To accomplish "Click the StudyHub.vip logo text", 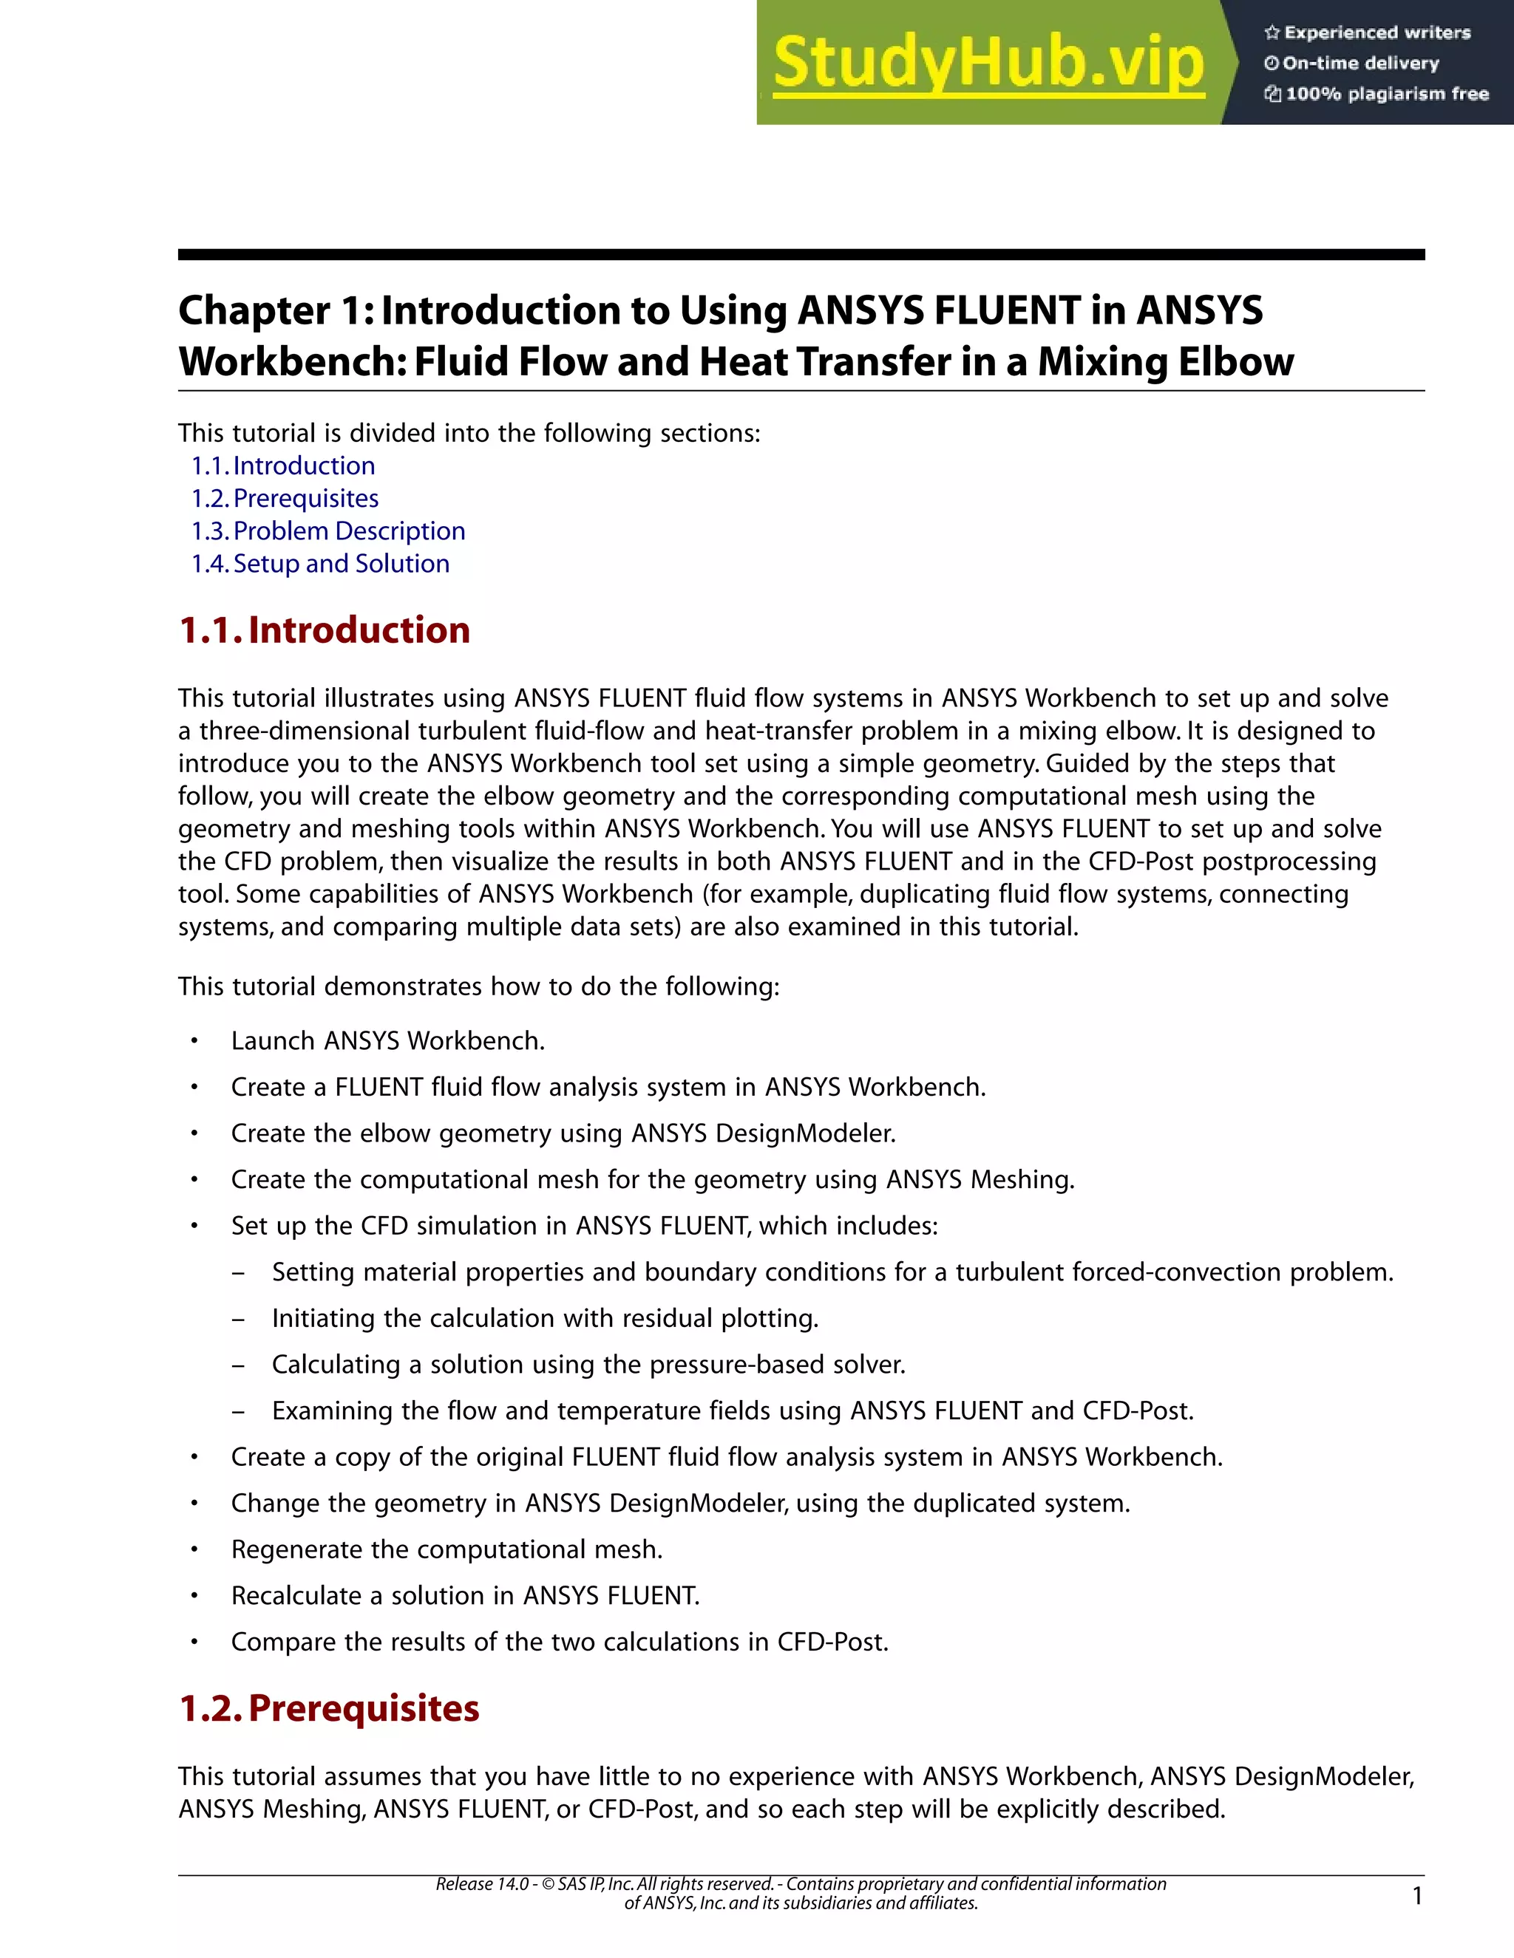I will tap(988, 63).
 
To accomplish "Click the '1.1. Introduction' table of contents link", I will tap(283, 466).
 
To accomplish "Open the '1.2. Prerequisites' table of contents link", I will tap(285, 499).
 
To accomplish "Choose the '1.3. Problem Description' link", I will tap(328, 531).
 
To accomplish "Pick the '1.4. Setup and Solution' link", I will tap(320, 564).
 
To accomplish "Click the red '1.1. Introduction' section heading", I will tap(325, 630).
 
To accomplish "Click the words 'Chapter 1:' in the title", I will tap(274, 311).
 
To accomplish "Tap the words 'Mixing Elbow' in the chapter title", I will tap(1165, 362).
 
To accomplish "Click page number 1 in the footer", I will tap(1417, 1896).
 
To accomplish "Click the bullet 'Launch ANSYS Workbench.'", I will tap(387, 1041).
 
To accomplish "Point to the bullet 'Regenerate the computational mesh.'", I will tap(447, 1550).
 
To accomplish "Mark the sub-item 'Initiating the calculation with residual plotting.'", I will tap(546, 1319).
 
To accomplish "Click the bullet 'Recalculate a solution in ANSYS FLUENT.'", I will tap(466, 1596).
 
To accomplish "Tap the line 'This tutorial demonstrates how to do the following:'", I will tap(478, 987).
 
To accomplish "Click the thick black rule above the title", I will tap(801, 256).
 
